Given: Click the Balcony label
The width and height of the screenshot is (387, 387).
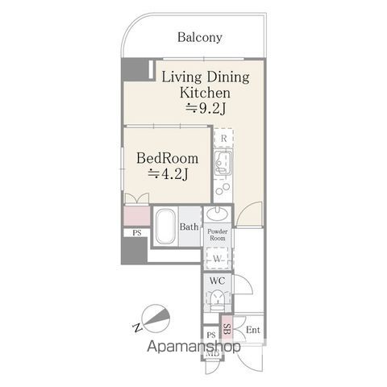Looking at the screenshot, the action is pyautogui.click(x=200, y=38).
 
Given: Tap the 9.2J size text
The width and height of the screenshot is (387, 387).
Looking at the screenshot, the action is pyautogui.click(x=206, y=109).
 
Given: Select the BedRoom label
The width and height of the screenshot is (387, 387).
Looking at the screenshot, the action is pyautogui.click(x=168, y=158).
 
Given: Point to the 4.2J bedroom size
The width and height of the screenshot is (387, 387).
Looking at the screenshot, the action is pyautogui.click(x=168, y=174).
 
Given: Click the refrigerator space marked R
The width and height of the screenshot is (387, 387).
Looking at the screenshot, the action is pyautogui.click(x=223, y=139).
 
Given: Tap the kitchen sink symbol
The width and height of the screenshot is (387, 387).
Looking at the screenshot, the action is pyautogui.click(x=223, y=163).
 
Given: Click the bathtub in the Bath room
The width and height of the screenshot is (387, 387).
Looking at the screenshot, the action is pyautogui.click(x=165, y=227).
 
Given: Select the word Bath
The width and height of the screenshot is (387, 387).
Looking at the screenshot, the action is pyautogui.click(x=189, y=227).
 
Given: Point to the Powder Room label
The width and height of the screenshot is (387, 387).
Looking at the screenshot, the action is pyautogui.click(x=218, y=235).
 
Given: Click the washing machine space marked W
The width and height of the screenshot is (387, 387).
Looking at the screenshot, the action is pyautogui.click(x=217, y=258).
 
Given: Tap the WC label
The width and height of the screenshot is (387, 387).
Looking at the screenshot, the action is pyautogui.click(x=217, y=281).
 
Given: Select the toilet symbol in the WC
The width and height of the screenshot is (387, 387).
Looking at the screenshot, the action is pyautogui.click(x=218, y=299).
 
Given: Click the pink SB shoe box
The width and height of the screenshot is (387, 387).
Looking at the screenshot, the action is pyautogui.click(x=227, y=329).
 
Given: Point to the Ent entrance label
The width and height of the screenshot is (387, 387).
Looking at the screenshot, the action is pyautogui.click(x=253, y=330).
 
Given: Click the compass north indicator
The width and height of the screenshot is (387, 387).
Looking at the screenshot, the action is pyautogui.click(x=156, y=318).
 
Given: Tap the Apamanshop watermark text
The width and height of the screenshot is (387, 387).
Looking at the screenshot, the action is pyautogui.click(x=193, y=347).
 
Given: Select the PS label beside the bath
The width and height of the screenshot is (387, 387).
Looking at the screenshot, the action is pyautogui.click(x=137, y=233).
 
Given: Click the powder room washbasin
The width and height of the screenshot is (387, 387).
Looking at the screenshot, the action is pyautogui.click(x=218, y=214).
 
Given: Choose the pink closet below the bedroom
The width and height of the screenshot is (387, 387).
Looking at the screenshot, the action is pyautogui.click(x=136, y=216).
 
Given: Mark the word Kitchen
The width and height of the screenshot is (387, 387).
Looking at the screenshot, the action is pyautogui.click(x=205, y=93).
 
